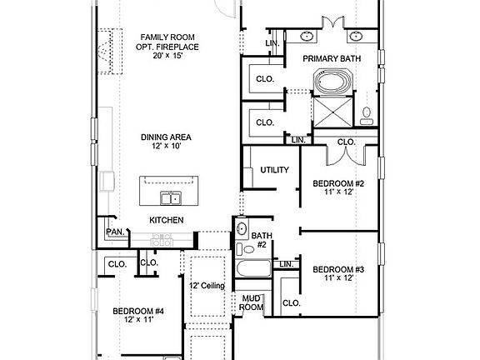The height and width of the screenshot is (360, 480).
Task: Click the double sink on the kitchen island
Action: [x=171, y=198]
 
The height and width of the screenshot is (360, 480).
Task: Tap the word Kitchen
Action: [x=167, y=220]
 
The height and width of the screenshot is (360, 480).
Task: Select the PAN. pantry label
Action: [x=113, y=232]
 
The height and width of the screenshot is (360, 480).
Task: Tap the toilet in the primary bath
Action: [x=367, y=115]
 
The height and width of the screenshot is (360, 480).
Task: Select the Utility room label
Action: [x=274, y=170]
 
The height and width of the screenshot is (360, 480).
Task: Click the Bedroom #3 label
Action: [x=338, y=269]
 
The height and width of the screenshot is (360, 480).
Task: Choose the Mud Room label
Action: [x=252, y=302]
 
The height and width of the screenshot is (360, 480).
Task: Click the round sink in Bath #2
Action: [x=242, y=228]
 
